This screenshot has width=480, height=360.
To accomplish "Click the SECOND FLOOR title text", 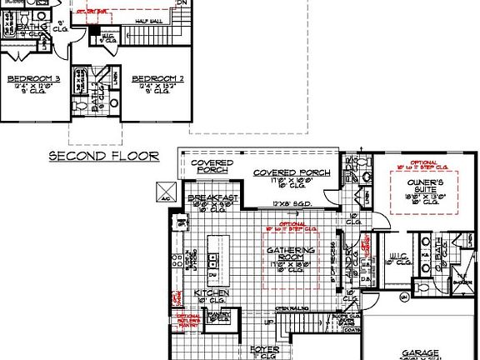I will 103,156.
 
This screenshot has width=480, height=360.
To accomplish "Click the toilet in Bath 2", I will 113,105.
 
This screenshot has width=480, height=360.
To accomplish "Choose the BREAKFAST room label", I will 213,197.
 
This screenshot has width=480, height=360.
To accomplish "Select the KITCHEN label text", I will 212,295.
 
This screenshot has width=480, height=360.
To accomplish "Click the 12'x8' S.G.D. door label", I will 292,203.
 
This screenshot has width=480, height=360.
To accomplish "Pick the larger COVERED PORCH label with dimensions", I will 292,174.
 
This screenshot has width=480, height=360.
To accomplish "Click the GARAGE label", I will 420,352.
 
